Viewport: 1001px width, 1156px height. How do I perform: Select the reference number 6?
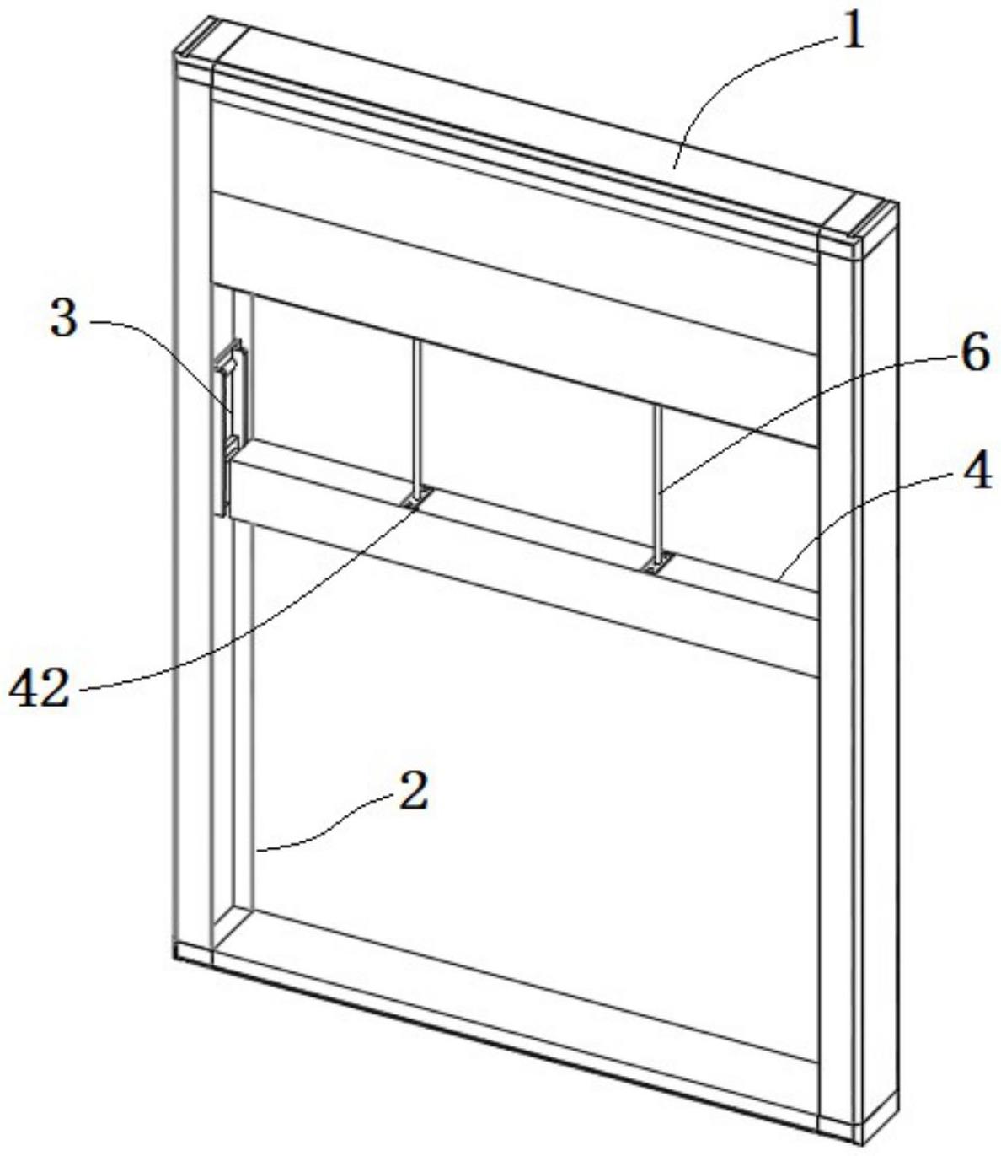(x=975, y=353)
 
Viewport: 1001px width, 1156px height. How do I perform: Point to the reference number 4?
(x=975, y=474)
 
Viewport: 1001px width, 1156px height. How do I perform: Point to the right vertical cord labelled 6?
(x=656, y=481)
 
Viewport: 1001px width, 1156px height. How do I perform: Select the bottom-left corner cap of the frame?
(x=194, y=952)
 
